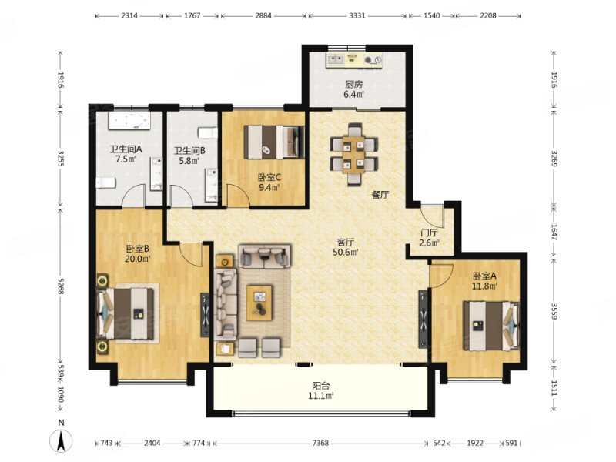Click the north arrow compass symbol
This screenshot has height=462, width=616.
[61, 440]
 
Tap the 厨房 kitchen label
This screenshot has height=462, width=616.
[354, 84]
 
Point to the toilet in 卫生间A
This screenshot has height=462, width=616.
[106, 183]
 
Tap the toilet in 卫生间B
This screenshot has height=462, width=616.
[208, 132]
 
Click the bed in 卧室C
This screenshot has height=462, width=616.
[274, 142]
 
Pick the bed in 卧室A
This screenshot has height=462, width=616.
[491, 326]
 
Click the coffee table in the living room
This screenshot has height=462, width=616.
[259, 303]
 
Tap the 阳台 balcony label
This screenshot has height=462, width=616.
[320, 386]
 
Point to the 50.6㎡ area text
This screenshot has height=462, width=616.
[346, 253]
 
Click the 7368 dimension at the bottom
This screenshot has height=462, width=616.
[320, 444]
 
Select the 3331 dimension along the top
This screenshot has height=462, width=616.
[357, 16]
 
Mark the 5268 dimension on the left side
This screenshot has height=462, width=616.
[61, 286]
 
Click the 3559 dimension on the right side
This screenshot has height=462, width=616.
[554, 311]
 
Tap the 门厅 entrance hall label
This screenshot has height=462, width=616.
[429, 233]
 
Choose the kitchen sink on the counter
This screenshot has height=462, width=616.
[336, 60]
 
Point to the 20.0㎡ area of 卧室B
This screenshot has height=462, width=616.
[138, 259]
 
